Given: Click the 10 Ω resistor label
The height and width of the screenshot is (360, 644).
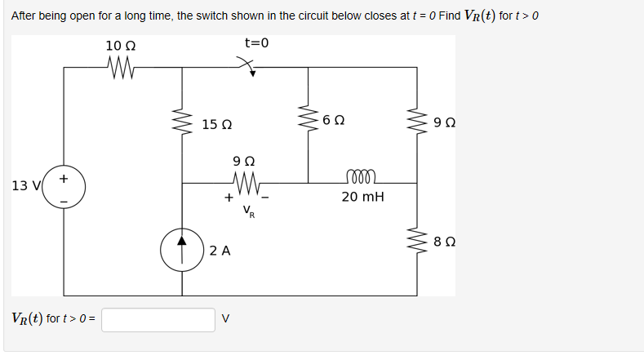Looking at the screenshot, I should pyautogui.click(x=120, y=45).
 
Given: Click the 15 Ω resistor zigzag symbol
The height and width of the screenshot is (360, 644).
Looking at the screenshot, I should pyautogui.click(x=182, y=125).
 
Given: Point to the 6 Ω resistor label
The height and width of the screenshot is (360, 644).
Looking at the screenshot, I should pyautogui.click(x=333, y=120).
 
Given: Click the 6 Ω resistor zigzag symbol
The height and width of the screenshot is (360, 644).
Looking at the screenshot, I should pyautogui.click(x=308, y=122).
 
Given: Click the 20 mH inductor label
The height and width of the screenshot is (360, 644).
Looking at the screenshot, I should pyautogui.click(x=362, y=197).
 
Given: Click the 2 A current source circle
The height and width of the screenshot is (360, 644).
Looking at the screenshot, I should pyautogui.click(x=182, y=250).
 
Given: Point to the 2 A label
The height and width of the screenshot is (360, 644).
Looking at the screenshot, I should pyautogui.click(x=219, y=251).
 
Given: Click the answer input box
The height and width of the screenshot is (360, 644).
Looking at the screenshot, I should pyautogui.click(x=158, y=319).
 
